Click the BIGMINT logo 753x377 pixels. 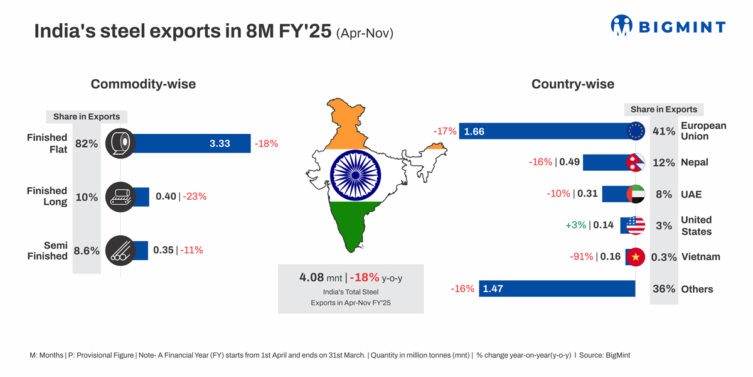(x=668, y=26)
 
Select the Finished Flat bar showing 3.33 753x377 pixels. (x=188, y=143)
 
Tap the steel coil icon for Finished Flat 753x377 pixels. (x=119, y=143)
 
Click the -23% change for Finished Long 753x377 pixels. (x=195, y=197)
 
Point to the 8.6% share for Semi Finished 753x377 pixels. (x=87, y=250)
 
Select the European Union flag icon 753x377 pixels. (x=636, y=131)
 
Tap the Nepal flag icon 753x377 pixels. (x=636, y=162)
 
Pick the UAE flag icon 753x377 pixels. (x=636, y=194)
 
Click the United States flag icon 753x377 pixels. (x=636, y=225)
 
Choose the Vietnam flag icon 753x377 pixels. (x=636, y=257)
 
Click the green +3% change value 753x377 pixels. (x=575, y=225)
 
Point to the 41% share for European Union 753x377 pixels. (x=664, y=131)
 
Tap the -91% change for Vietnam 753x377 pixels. (x=581, y=256)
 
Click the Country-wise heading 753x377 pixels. (x=572, y=84)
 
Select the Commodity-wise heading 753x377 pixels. (x=143, y=84)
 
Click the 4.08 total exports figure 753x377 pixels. (x=312, y=277)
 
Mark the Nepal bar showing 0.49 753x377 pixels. (x=605, y=162)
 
